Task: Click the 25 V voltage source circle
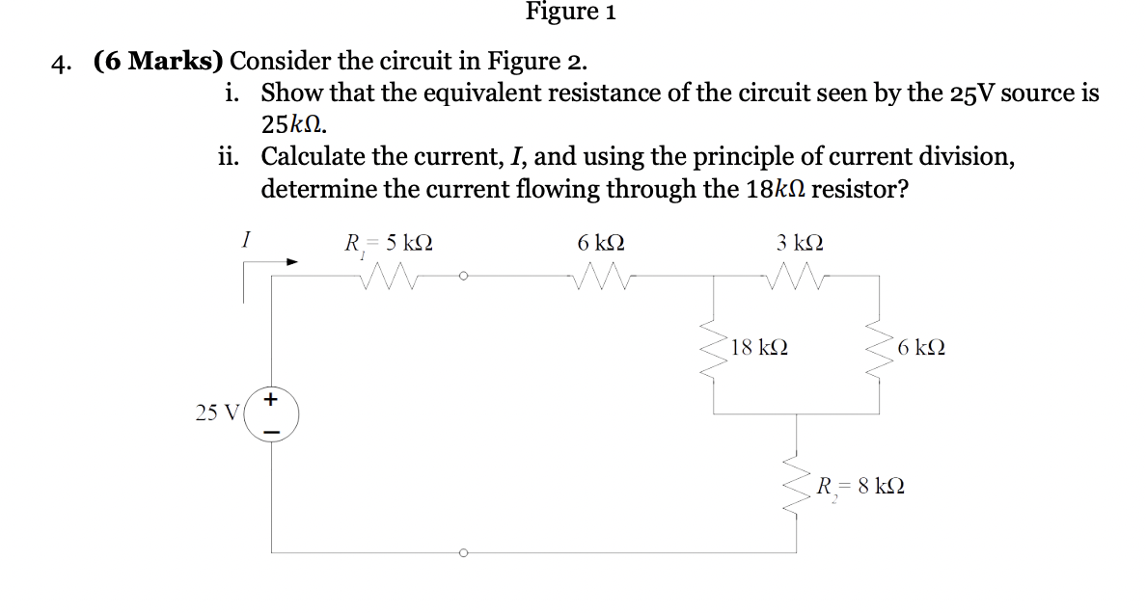click(x=271, y=413)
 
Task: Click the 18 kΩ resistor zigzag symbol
click(x=714, y=347)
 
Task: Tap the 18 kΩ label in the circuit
click(x=758, y=347)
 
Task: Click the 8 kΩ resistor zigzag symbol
click(x=797, y=486)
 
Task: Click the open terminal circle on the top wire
click(x=463, y=276)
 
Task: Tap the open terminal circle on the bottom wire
click(x=463, y=553)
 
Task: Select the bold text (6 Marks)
click(x=159, y=62)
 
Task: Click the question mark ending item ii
click(x=900, y=189)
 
